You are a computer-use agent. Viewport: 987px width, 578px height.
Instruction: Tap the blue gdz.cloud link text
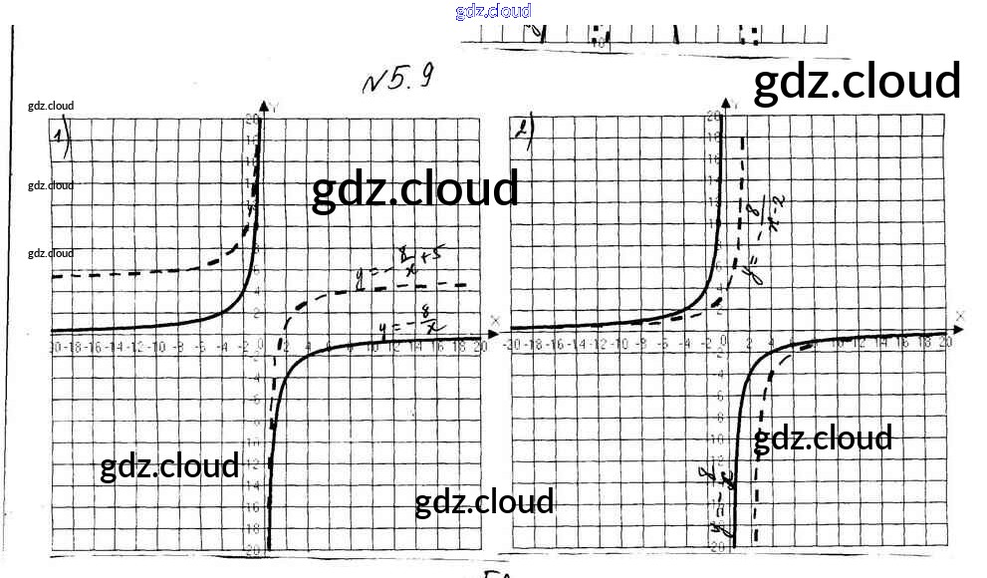(493, 11)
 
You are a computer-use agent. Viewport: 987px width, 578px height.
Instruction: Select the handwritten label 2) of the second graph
(523, 131)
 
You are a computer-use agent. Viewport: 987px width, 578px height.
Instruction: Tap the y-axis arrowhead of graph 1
(264, 106)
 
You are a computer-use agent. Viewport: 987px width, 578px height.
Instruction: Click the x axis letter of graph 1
(494, 320)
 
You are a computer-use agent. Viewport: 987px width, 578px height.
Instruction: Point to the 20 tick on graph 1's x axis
(482, 347)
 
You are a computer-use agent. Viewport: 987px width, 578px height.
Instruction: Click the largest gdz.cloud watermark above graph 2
(857, 82)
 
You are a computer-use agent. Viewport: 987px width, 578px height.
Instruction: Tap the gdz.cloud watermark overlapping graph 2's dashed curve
(822, 438)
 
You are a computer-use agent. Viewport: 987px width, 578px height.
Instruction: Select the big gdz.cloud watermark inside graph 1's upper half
(415, 188)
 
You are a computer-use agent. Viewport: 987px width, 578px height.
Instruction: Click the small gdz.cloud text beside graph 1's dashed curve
(51, 253)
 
